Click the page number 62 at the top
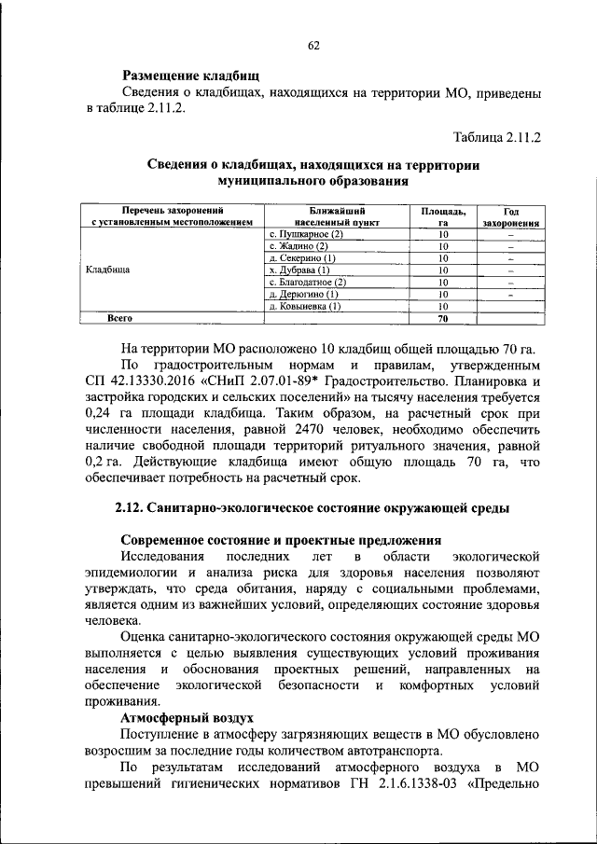(x=313, y=46)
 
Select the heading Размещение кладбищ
(x=190, y=76)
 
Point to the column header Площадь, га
(x=444, y=217)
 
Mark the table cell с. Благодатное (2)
(x=307, y=282)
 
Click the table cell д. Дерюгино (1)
(x=302, y=294)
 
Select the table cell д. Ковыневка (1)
(x=305, y=306)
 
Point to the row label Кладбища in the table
(x=107, y=270)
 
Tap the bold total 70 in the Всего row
(x=444, y=318)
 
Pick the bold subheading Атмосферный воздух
(x=187, y=720)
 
